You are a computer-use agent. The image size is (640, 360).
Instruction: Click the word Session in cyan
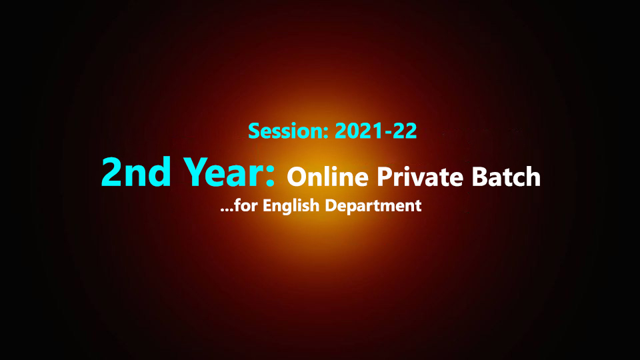[286, 131]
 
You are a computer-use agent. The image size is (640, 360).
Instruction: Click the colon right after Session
[326, 133]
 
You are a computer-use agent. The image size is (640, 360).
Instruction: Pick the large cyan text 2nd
[136, 172]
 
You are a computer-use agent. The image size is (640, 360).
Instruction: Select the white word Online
[327, 177]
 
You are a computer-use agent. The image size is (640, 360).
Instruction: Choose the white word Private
[419, 177]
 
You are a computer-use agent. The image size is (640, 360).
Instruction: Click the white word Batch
[506, 176]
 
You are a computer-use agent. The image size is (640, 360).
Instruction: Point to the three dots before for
[227, 210]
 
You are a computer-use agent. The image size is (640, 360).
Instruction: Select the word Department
[373, 206]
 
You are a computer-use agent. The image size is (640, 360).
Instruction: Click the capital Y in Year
[195, 172]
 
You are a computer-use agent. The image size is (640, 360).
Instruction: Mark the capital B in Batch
[479, 176]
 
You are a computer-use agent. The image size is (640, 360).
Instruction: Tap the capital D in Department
[331, 205]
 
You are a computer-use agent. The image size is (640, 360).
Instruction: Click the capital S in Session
[254, 131]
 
